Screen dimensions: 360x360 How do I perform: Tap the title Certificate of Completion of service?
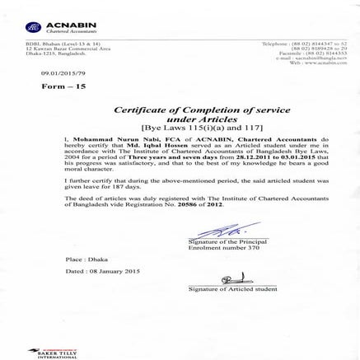click(x=181, y=110)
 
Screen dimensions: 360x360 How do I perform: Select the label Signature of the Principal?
click(x=223, y=241)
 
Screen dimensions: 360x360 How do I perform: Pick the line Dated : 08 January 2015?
click(x=102, y=270)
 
